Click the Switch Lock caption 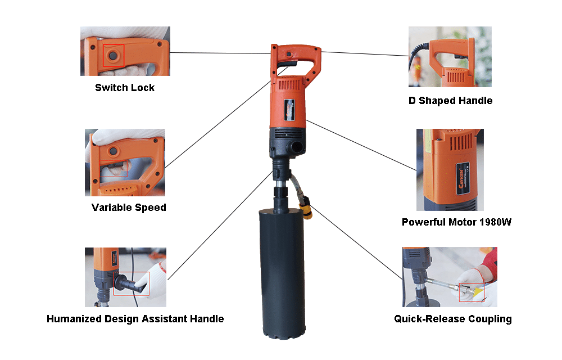coord(124,88)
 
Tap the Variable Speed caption coord(129,208)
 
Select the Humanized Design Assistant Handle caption coord(135,319)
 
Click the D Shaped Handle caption coord(450,101)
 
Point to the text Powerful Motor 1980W coord(456,222)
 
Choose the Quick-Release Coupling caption coord(452,319)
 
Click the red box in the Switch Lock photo coord(114,55)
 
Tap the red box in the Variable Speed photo coord(115,169)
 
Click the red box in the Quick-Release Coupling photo coord(471,291)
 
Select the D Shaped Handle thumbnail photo coord(450,56)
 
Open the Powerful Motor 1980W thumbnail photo coord(450,169)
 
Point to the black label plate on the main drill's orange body coord(290,109)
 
